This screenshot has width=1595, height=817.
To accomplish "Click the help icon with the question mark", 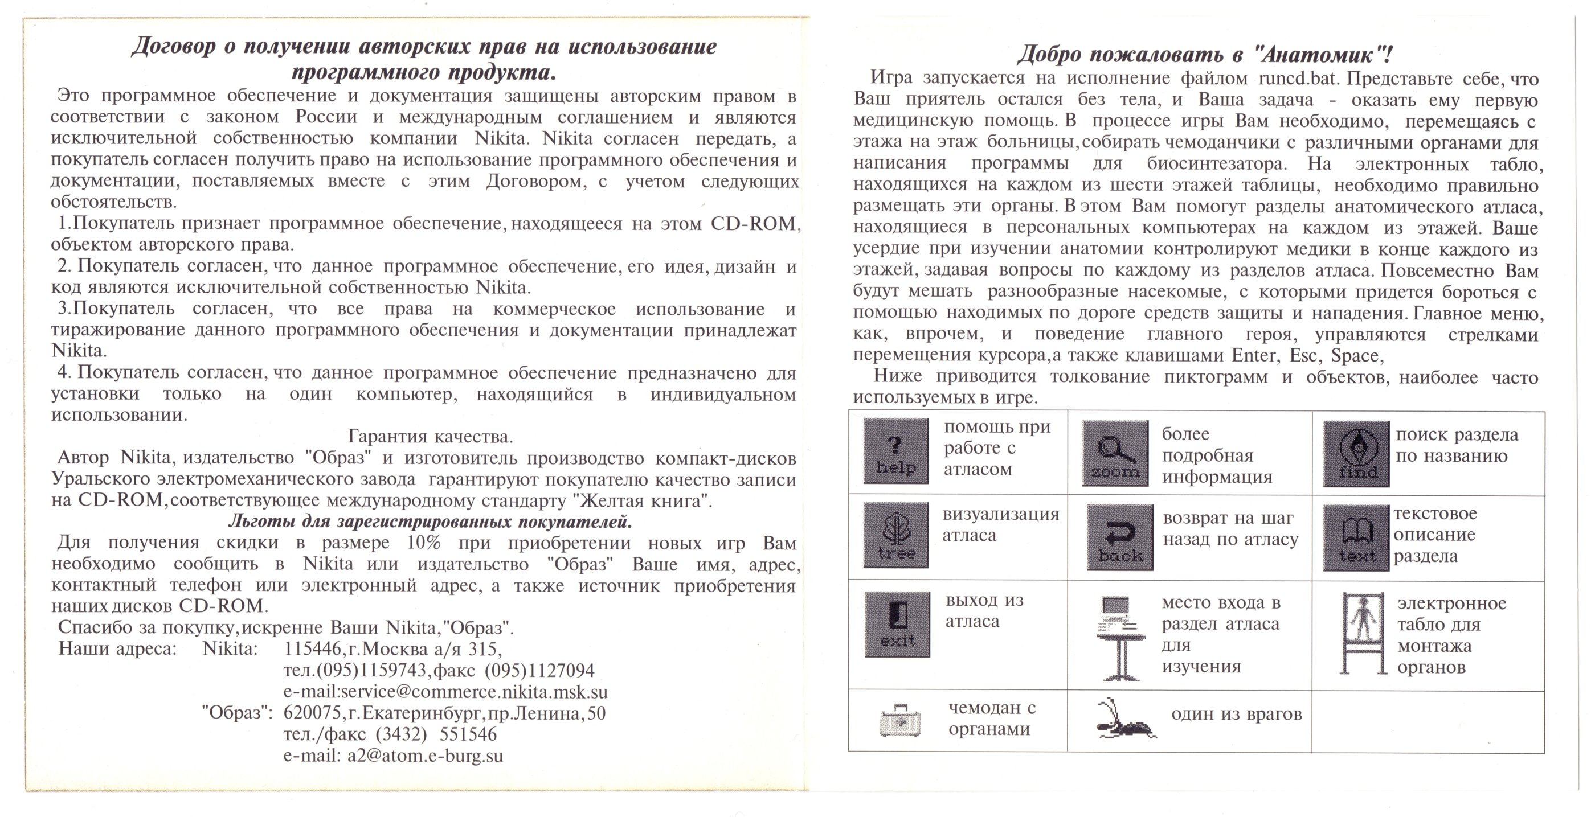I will pos(895,450).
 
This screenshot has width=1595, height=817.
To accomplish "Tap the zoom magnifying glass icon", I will pos(1115,453).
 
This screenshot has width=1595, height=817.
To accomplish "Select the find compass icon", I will pos(1356,454).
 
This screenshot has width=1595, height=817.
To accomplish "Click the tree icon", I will pos(895,535).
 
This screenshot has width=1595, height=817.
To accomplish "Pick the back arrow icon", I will pos(1119,537).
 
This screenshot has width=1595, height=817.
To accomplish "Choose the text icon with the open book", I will pos(1356,537).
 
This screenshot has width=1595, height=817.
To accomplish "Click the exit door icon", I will pos(897,624).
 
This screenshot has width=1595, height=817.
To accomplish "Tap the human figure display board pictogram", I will pos(1362,633).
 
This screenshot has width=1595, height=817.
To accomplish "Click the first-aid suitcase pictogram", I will pos(899,720).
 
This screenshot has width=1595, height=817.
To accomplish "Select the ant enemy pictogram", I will pos(1126,720).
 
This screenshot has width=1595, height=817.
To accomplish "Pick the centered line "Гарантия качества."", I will pos(430,437).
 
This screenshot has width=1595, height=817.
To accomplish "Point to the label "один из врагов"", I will pos(1236,715).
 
